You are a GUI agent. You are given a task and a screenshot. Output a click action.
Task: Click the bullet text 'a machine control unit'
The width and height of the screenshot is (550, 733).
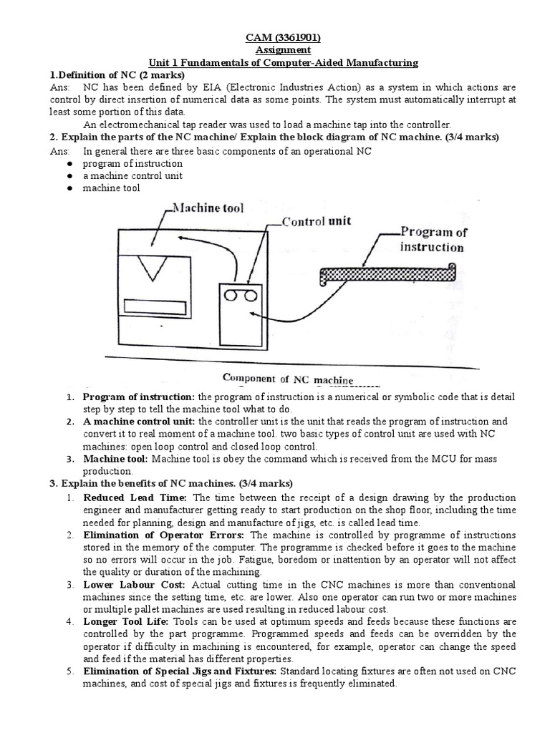132,175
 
